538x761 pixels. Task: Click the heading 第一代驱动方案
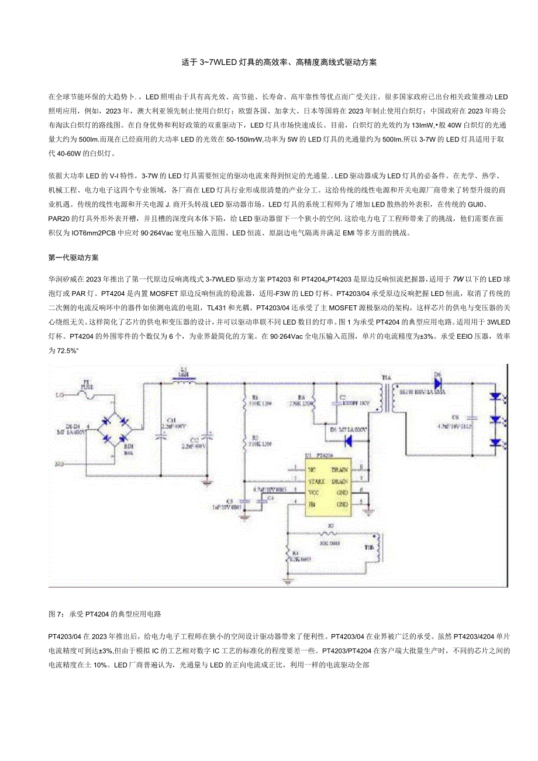(x=73, y=257)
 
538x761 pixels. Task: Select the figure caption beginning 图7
(x=104, y=614)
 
